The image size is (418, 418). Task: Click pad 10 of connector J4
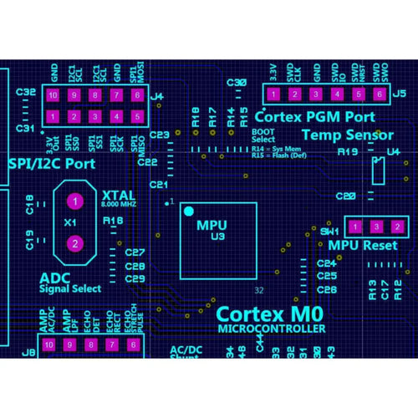click(52, 95)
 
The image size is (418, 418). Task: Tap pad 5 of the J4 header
click(137, 115)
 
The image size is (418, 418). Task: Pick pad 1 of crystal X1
click(75, 202)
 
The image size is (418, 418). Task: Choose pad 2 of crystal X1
click(75, 243)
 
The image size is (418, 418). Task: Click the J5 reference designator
click(400, 94)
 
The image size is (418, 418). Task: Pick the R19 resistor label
click(348, 152)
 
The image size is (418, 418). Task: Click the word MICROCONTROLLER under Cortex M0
click(271, 329)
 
